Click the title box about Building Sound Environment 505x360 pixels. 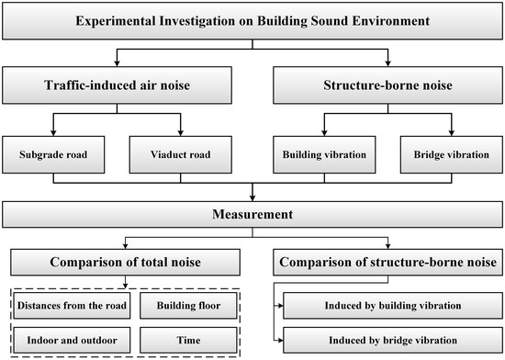[252, 19]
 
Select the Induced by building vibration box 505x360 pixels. [393, 304]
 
